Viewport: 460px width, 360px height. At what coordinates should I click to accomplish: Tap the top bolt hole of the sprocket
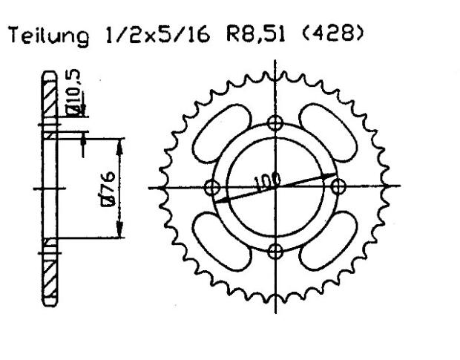(x=276, y=123)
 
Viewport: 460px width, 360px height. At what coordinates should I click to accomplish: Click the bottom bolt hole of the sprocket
(x=276, y=249)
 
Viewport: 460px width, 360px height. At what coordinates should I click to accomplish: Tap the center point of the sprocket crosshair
(x=276, y=186)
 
